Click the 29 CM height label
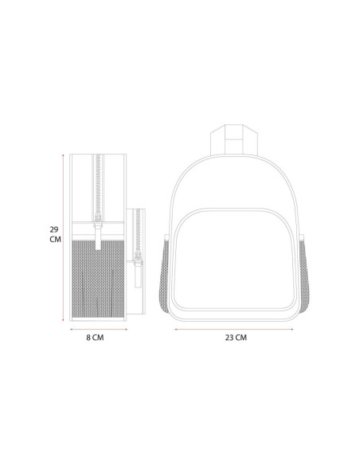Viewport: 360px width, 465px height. tap(55, 234)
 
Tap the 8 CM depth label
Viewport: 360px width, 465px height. tap(95, 338)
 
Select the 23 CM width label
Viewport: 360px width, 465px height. tap(236, 338)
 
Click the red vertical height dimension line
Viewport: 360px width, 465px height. tap(63, 237)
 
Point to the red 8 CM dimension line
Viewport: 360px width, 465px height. tap(99, 329)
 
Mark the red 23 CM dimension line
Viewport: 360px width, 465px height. tap(234, 329)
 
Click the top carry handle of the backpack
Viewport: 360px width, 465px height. tap(234, 139)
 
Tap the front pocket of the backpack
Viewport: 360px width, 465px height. tap(234, 260)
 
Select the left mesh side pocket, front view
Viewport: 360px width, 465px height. tap(165, 275)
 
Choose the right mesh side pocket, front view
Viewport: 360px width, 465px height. tap(303, 275)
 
